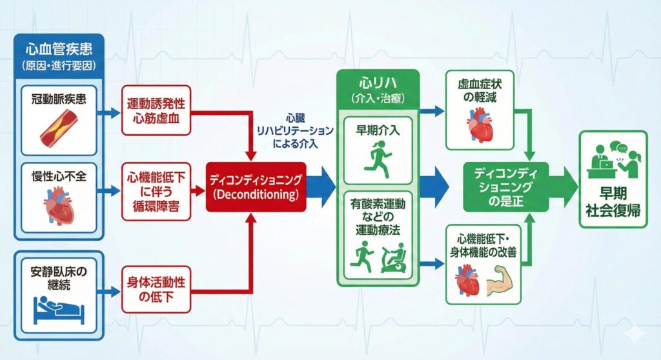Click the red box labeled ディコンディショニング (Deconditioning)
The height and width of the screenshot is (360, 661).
[256, 186]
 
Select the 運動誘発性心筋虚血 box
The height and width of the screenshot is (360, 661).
[156, 110]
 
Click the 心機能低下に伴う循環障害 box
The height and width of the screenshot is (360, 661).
[156, 191]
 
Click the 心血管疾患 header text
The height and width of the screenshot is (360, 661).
[58, 49]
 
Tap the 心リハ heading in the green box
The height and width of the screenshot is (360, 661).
[378, 85]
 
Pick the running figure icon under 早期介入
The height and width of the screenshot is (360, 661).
[378, 157]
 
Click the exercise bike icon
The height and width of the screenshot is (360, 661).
[394, 257]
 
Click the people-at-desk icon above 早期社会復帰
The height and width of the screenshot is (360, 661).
[613, 160]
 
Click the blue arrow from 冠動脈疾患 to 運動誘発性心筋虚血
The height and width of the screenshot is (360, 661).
[110, 113]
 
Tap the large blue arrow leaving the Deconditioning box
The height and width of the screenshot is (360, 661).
[321, 186]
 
